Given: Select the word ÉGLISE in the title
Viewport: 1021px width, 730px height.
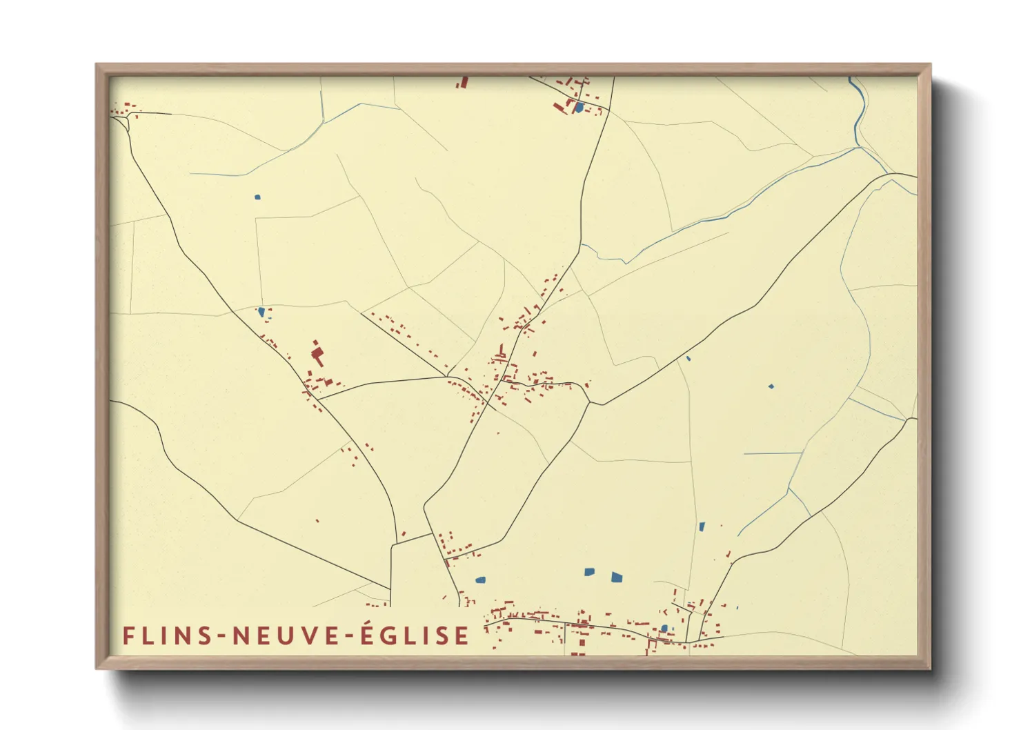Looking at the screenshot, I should [415, 635].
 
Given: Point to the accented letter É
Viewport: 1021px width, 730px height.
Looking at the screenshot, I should [368, 634].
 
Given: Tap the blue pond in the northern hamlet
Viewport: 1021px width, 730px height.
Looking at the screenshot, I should [579, 107].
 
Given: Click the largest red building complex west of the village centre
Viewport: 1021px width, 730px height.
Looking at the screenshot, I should [317, 355].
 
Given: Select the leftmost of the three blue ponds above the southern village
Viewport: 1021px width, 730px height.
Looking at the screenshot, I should [480, 580].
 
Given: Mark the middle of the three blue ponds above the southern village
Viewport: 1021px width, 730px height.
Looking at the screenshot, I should [589, 571].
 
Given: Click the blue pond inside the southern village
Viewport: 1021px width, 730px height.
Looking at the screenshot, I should [664, 628].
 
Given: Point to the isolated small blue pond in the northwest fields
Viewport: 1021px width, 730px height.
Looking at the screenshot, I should [257, 197].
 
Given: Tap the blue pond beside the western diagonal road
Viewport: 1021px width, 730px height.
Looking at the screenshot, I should [261, 312].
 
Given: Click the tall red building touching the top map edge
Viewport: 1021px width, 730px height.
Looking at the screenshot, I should [464, 82].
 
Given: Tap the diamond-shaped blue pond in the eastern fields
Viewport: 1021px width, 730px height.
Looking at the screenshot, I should [771, 386].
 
